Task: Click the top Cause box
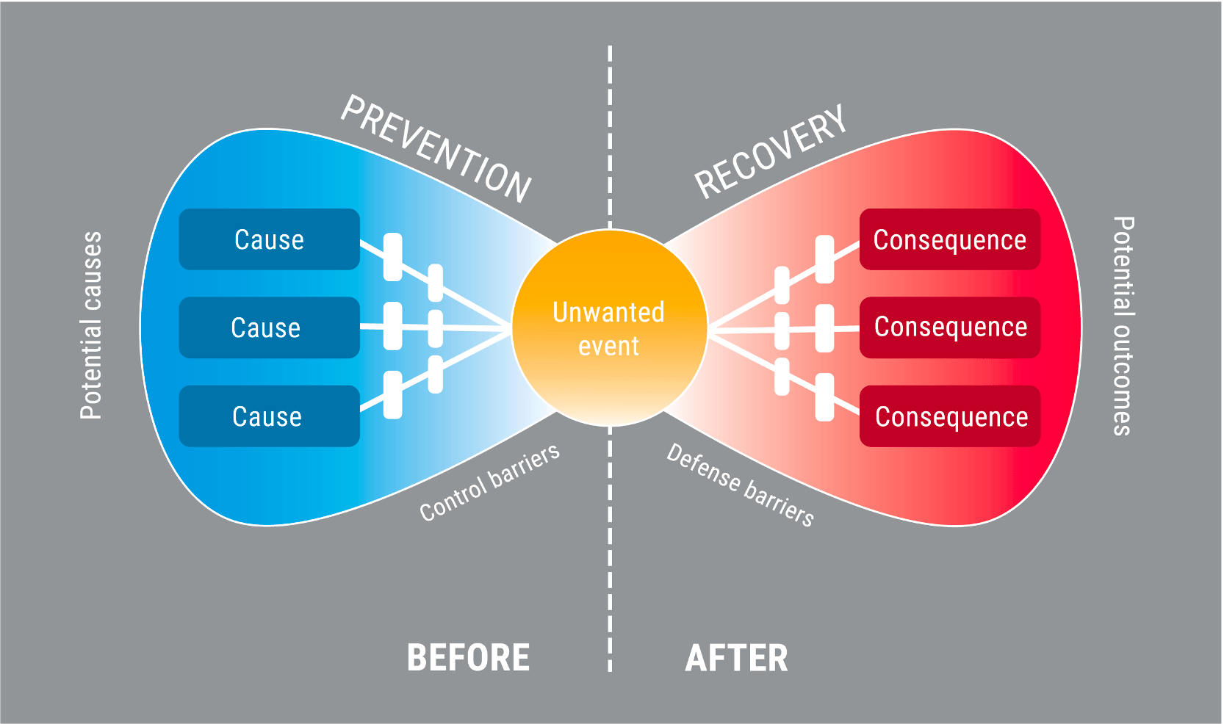point(269,239)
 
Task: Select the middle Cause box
point(269,327)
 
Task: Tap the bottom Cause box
point(269,416)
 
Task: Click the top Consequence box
point(950,239)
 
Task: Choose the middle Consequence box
point(950,327)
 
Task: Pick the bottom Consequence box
point(950,416)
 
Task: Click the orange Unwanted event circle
point(609,327)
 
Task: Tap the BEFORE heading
point(469,658)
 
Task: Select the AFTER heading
point(736,658)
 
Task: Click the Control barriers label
point(490,482)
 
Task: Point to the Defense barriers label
point(740,485)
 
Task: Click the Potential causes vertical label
point(91,326)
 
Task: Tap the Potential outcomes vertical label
point(1123,326)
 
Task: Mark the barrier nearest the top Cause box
point(393,257)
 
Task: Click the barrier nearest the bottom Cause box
point(393,395)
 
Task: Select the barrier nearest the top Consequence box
point(824,259)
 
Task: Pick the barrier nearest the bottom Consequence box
point(824,397)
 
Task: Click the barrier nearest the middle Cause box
point(393,326)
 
